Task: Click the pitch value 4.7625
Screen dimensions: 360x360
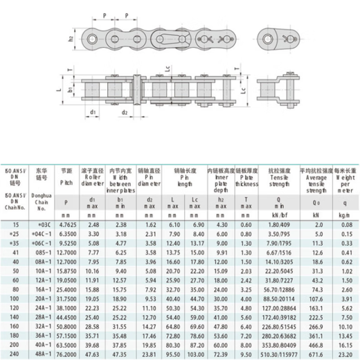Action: pos(67,225)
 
